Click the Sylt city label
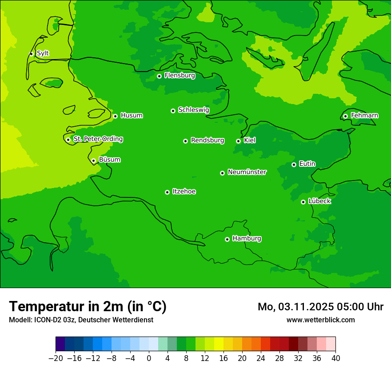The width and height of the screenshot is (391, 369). click(43, 53)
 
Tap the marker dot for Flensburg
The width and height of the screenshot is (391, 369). click(159, 76)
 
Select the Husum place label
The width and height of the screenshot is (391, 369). click(132, 116)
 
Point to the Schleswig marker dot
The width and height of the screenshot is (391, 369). click(173, 111)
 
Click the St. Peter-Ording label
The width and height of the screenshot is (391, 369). click(98, 139)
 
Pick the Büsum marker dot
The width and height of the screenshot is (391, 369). click(93, 160)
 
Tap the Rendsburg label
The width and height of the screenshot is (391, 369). click(207, 140)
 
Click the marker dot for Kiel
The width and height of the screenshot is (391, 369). click(238, 141)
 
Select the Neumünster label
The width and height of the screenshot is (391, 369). click(247, 172)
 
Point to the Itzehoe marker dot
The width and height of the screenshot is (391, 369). click(167, 192)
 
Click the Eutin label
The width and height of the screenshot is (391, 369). click(307, 164)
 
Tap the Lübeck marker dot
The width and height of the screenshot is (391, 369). click(303, 202)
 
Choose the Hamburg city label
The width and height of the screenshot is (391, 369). click(247, 238)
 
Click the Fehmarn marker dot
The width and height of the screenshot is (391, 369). click(345, 116)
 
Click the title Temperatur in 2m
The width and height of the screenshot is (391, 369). click(88, 306)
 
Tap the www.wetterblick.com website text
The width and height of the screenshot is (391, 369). click(320, 320)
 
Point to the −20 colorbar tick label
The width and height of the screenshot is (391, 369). click(56, 358)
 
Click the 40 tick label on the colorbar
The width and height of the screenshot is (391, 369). click(335, 358)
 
